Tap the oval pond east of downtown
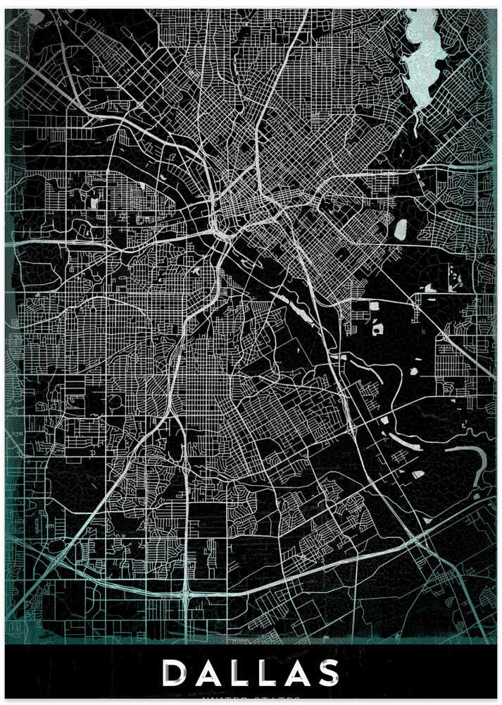click(401, 229)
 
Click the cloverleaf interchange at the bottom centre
click(185, 594)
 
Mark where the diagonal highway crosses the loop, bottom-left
click(55, 560)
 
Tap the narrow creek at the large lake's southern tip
click(415, 123)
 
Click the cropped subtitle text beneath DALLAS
click(251, 701)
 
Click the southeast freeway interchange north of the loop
click(350, 427)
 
